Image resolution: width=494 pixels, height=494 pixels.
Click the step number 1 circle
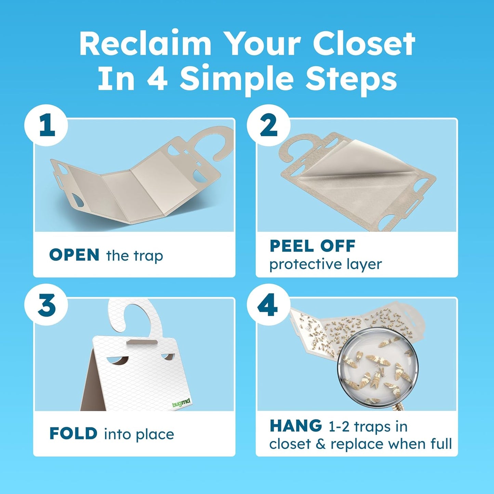click(46, 125)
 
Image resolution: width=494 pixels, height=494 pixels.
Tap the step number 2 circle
click(269, 125)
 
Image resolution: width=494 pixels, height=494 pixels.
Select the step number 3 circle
click(46, 305)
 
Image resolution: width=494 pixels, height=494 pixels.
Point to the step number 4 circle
click(269, 305)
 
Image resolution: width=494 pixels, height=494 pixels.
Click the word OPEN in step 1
click(74, 255)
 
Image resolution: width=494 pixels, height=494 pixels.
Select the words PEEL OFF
click(312, 246)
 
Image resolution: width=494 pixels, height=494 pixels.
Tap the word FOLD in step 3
click(73, 434)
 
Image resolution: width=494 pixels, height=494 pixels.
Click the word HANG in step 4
click(296, 426)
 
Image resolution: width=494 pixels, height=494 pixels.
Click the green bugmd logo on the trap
click(181, 403)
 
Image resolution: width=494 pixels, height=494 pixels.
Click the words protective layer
click(325, 264)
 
